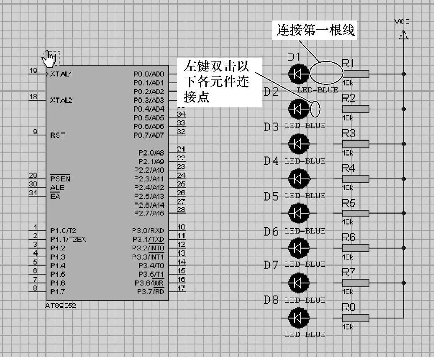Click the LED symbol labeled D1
click(298, 74)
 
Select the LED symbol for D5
click(298, 213)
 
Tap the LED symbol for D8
click(298, 318)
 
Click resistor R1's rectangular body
click(356, 74)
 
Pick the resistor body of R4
click(356, 178)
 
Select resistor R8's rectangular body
click(356, 318)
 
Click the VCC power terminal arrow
click(403, 35)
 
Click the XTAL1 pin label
click(61, 74)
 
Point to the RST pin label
click(57, 135)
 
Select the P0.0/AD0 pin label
click(149, 74)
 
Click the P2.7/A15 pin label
click(149, 214)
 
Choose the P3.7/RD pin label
click(151, 291)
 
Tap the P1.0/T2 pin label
click(63, 231)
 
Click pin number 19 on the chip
click(33, 70)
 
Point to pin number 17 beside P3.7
click(181, 288)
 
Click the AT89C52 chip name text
click(61, 306)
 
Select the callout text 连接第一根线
click(315, 30)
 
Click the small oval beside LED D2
click(316, 109)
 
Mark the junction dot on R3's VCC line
click(403, 144)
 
